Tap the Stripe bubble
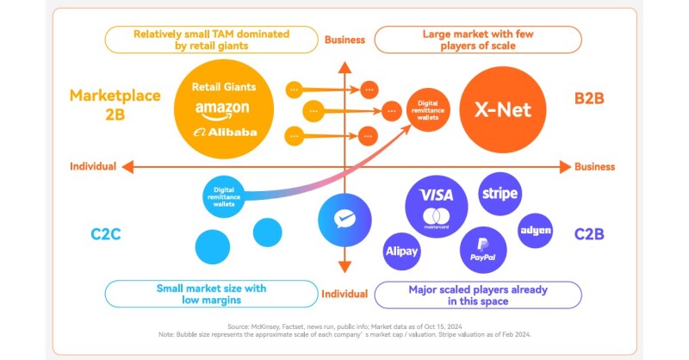coord(500,194)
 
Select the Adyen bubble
coord(535,231)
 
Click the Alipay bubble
coord(401,251)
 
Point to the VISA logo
coord(437,196)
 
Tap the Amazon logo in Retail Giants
coord(221,109)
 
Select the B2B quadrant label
coord(589,98)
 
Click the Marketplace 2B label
coord(115,105)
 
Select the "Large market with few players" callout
coord(477,40)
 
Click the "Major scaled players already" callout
coord(478,295)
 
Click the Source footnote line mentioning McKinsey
coord(344,327)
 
